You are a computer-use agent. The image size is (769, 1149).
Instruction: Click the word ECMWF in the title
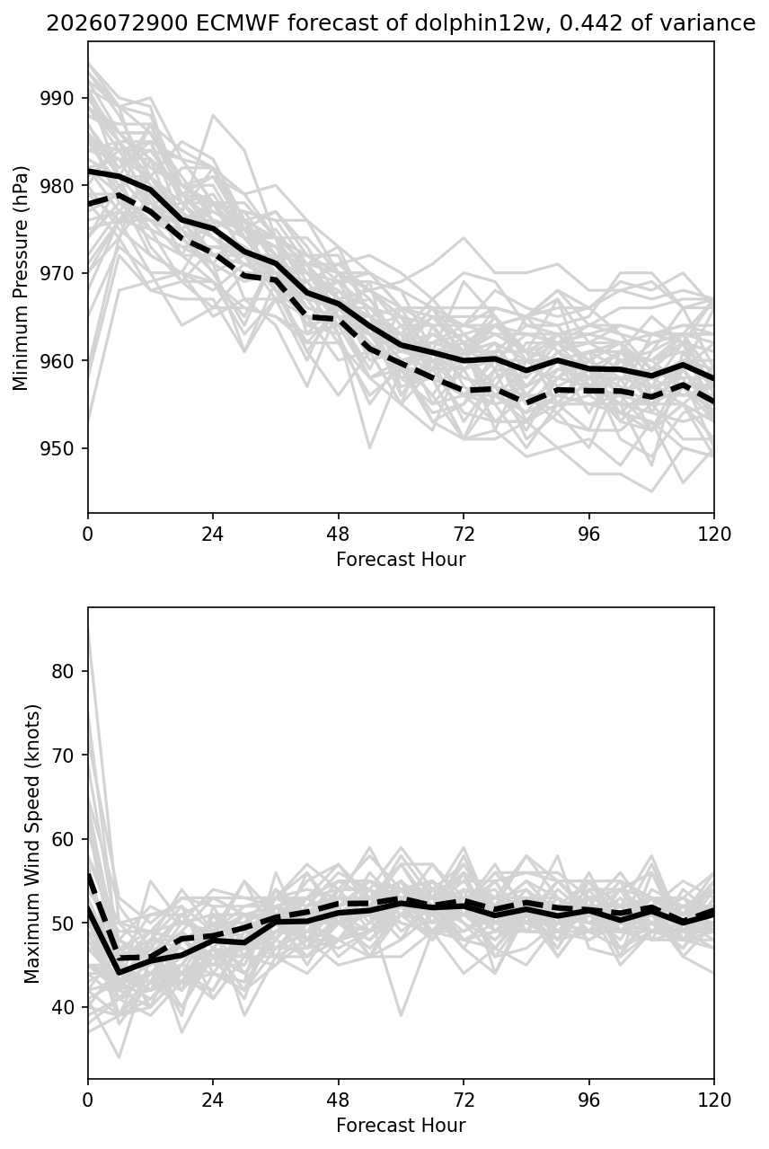237,23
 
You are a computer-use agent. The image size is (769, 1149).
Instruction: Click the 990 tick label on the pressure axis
57,97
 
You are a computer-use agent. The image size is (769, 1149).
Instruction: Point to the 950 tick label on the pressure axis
57,448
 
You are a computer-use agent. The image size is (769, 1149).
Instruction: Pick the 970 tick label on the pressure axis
57,273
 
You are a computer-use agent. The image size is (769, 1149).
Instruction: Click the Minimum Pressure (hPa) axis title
20,278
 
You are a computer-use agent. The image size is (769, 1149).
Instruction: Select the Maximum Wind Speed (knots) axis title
31,844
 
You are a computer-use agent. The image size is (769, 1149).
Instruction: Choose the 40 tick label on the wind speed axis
63,1007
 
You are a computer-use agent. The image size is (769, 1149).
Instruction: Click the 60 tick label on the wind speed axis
63,839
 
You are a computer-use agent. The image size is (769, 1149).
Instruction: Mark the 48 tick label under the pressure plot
338,535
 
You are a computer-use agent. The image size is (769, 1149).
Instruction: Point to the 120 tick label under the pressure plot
714,535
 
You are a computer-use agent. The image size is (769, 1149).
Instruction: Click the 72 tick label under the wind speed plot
464,1100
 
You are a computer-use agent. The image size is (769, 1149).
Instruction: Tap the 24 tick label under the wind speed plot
213,1100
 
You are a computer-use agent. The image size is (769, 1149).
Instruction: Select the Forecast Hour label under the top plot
401,559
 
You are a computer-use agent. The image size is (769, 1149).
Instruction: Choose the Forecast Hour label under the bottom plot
401,1125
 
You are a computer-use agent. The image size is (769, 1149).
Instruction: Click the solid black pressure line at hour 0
89,171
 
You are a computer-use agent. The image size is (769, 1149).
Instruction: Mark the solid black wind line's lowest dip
119,973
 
